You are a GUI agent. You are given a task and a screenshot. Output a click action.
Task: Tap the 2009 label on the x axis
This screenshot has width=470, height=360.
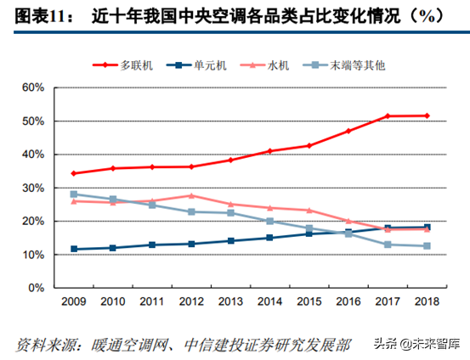click(x=75, y=301)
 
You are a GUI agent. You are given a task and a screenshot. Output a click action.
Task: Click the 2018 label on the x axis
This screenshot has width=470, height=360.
click(x=426, y=301)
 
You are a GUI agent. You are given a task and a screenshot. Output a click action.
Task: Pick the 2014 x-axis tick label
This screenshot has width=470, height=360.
click(x=270, y=301)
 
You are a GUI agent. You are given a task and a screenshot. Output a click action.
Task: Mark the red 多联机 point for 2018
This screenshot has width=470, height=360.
click(x=426, y=115)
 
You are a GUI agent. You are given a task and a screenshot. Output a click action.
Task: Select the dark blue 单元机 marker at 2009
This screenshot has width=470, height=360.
click(x=75, y=249)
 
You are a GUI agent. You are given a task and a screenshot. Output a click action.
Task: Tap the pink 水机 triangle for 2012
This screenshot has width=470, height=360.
click(x=192, y=195)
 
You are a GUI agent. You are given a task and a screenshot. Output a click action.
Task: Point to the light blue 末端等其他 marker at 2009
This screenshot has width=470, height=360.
click(x=75, y=194)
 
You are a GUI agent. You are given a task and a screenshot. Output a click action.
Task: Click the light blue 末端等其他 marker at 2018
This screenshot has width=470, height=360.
click(x=426, y=246)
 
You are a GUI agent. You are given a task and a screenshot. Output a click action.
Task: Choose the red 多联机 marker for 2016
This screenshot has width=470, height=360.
click(x=348, y=131)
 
